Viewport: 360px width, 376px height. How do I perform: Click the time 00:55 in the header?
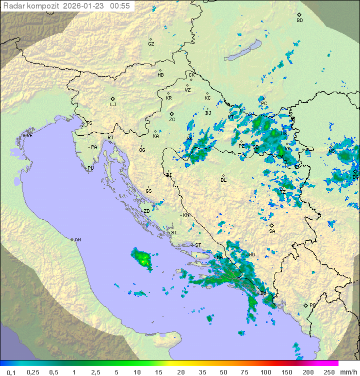[x=120, y=6]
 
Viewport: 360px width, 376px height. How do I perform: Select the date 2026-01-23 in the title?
[x=84, y=6]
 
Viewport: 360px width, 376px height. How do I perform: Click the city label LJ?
[x=113, y=104]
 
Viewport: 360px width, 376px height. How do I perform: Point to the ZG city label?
[x=172, y=119]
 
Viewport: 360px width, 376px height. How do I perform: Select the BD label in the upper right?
[x=299, y=21]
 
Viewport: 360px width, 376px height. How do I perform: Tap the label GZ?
[x=151, y=44]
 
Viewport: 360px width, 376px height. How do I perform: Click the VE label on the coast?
[x=29, y=135]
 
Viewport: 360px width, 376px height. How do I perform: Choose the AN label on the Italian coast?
[x=77, y=240]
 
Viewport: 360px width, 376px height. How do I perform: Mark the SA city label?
[x=272, y=231]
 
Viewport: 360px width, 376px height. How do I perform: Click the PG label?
[x=312, y=305]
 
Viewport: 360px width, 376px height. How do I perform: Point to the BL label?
[x=223, y=180]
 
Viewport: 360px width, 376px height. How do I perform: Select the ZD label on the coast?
[x=146, y=211]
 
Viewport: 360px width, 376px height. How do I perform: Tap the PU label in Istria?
[x=90, y=168]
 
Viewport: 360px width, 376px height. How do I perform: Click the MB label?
[x=160, y=75]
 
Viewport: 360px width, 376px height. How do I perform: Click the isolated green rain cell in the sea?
[x=141, y=259]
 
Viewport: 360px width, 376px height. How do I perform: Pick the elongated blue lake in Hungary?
[x=242, y=51]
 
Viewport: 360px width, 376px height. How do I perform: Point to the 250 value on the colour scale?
[x=328, y=372]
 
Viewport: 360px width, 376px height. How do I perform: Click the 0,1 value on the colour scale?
[x=11, y=372]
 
